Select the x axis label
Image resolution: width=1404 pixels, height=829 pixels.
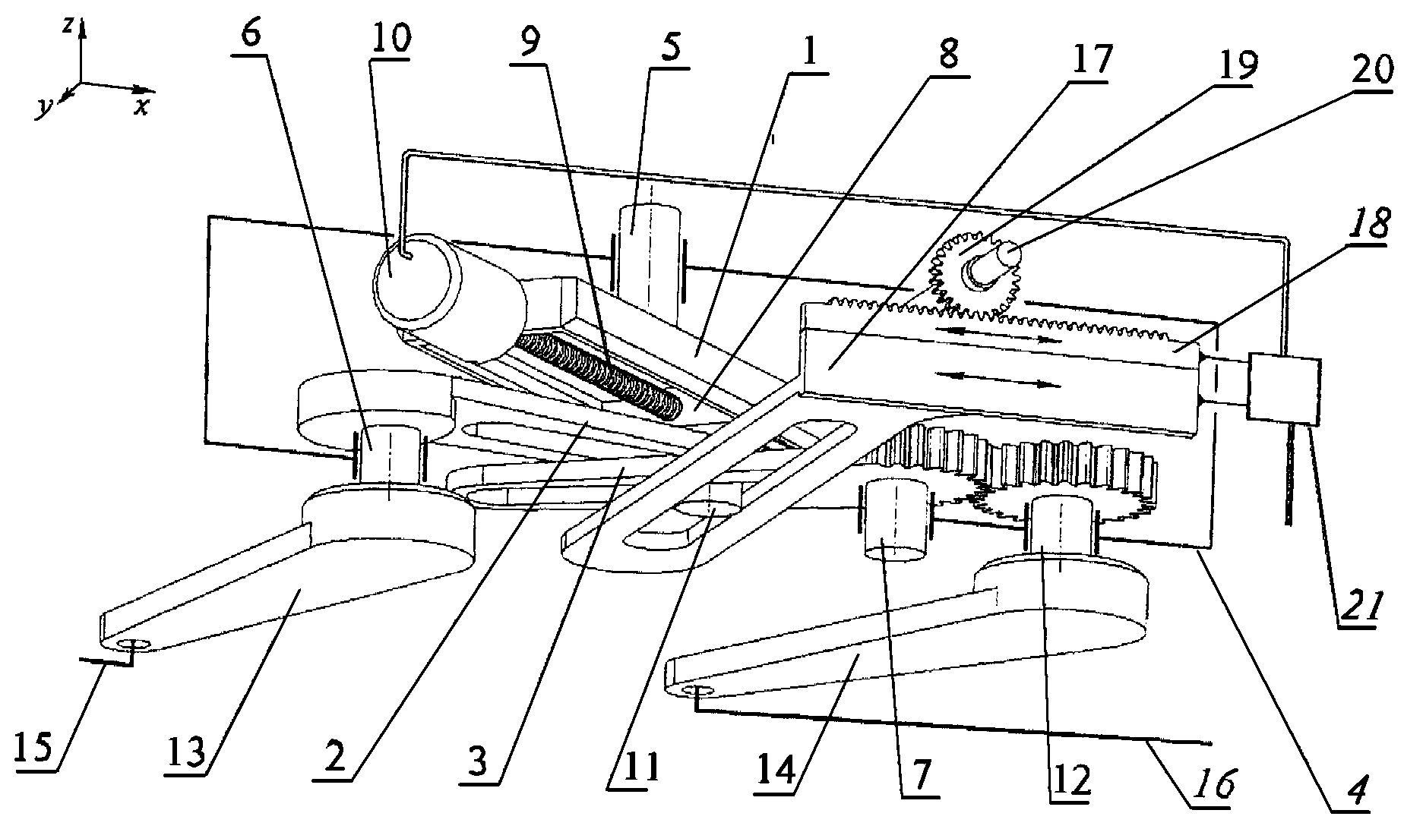coord(141,107)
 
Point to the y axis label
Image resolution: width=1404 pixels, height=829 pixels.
coord(45,109)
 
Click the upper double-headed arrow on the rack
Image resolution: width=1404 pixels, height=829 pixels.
coord(998,335)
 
